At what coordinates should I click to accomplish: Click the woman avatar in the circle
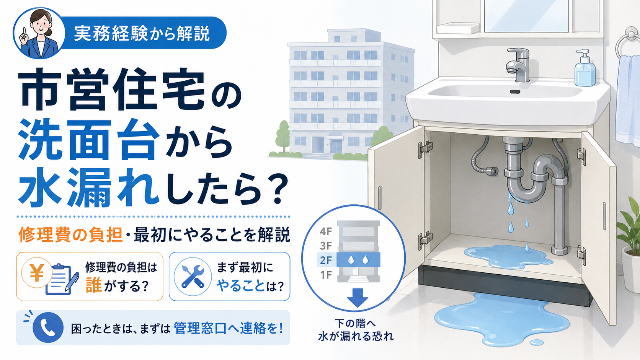[x=39, y=34]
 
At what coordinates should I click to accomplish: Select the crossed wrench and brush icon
[x=193, y=276]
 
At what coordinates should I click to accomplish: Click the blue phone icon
[x=48, y=327]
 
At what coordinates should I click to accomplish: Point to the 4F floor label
[x=326, y=231]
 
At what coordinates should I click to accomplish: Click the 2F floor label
[x=326, y=261]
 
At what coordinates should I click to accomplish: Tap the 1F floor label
[x=326, y=275]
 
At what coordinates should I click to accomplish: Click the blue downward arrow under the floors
[x=358, y=298]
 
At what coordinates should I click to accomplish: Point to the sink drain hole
[x=515, y=92]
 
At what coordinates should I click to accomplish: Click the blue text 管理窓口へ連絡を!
[x=228, y=328]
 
